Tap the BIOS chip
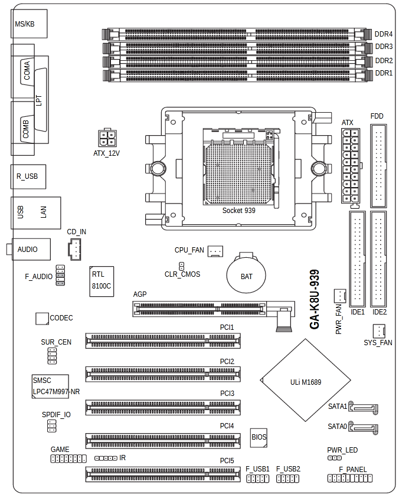(259, 437)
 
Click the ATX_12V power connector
(107, 139)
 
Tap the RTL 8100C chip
(102, 281)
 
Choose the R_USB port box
(28, 176)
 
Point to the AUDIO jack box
(30, 250)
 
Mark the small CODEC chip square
(41, 318)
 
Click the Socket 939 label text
(238, 210)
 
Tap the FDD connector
(377, 165)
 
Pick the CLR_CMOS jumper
(182, 267)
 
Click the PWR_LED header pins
(334, 457)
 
